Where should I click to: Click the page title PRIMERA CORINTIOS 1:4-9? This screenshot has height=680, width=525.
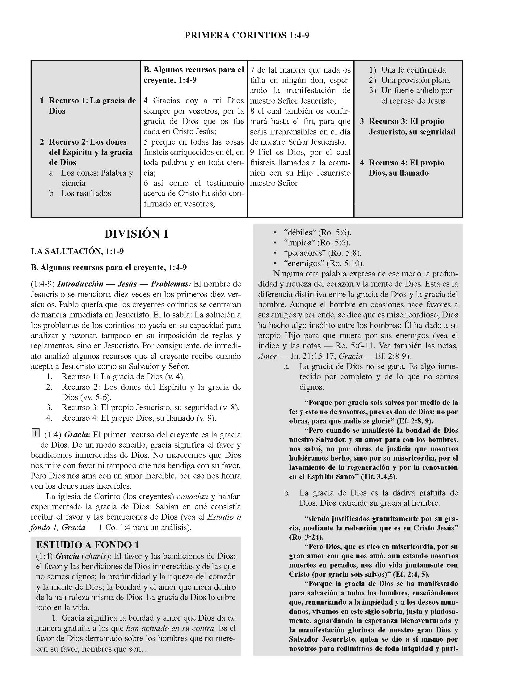[x=247, y=36]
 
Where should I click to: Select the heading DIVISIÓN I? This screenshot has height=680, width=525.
[x=136, y=234]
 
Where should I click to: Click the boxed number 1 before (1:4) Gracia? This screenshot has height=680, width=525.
[x=36, y=433]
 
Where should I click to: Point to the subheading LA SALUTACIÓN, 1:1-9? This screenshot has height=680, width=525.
[x=77, y=251]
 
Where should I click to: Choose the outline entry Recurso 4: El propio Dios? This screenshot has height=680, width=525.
[x=406, y=168]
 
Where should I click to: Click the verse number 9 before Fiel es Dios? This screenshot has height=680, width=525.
[x=253, y=152]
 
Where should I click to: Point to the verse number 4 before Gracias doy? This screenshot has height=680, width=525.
[x=146, y=101]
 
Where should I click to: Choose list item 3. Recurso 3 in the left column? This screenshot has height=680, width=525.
[x=143, y=407]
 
